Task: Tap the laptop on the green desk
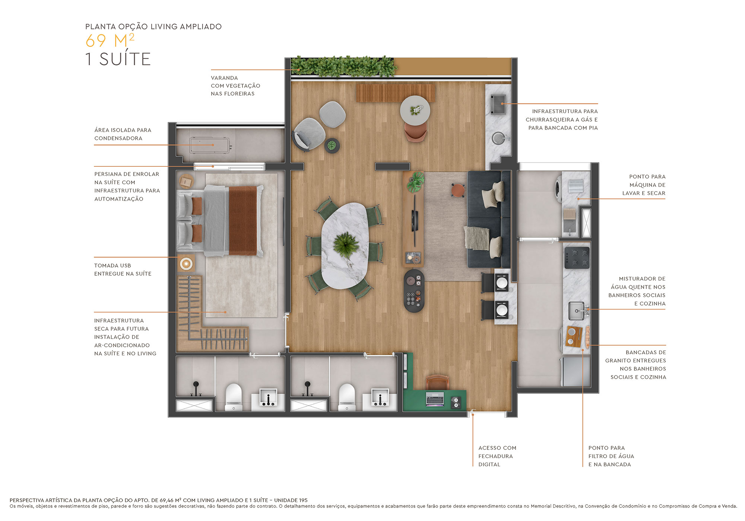coord(435,399)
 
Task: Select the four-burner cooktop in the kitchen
coord(577,258)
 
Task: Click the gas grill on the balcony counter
coord(498,104)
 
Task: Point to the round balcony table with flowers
coord(415,110)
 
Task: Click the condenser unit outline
coord(210,145)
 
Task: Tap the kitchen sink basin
coord(576,311)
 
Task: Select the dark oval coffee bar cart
coord(414,291)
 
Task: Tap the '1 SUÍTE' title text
coord(118,60)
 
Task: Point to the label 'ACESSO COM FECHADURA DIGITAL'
coord(497,456)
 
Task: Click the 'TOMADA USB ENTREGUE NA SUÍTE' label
coord(123,269)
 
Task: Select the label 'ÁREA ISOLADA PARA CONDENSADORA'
coord(123,134)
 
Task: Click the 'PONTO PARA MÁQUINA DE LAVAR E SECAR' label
coord(643,185)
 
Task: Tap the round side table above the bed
coord(186,182)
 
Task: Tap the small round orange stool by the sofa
coord(458,189)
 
